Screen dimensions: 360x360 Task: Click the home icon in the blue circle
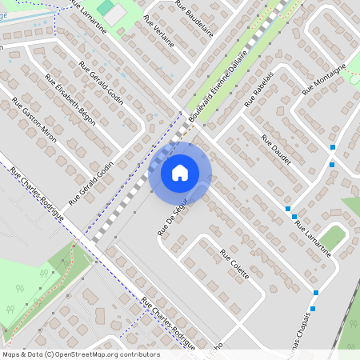pyautogui.click(x=180, y=172)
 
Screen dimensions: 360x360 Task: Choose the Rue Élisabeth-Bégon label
pyautogui.click(x=70, y=101)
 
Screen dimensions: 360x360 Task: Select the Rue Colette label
pyautogui.click(x=235, y=263)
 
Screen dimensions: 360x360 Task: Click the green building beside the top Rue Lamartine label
pyautogui.click(x=106, y=7)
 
